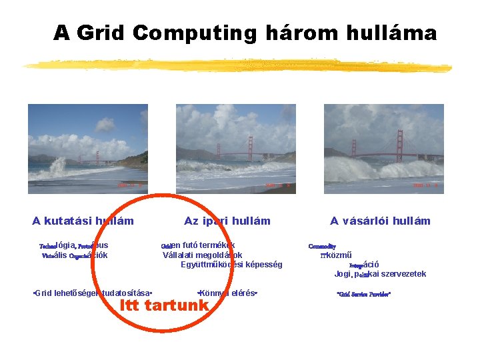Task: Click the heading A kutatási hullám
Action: click(x=83, y=221)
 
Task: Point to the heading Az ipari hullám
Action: click(x=227, y=221)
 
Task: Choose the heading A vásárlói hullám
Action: click(x=380, y=221)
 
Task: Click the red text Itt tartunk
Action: click(x=164, y=305)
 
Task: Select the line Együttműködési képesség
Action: click(x=231, y=265)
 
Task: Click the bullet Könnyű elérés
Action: click(x=228, y=293)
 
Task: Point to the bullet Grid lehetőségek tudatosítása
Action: click(x=93, y=293)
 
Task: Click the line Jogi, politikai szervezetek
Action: click(x=380, y=274)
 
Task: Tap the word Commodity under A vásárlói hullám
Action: click(x=323, y=246)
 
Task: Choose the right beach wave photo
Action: click(x=384, y=149)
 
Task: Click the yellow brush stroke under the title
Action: click(x=237, y=65)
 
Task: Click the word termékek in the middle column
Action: click(x=213, y=245)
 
